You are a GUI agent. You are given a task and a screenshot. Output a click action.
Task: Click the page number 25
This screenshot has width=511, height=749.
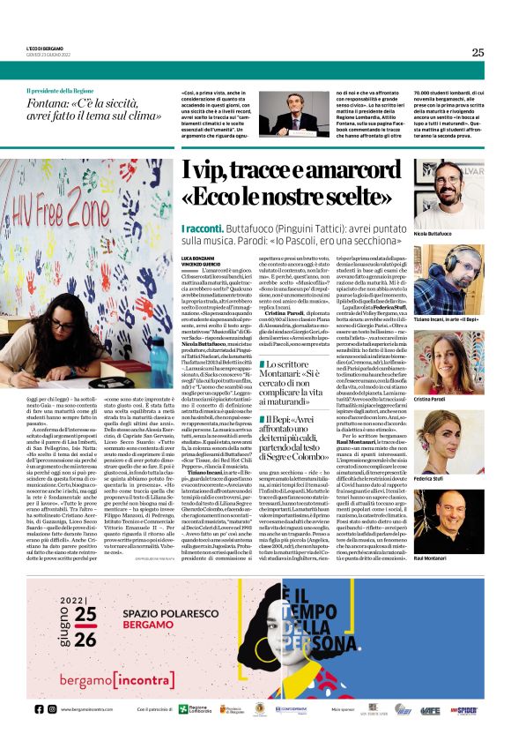[478, 52]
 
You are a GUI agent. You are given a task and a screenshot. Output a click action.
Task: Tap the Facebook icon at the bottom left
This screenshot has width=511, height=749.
[40, 708]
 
